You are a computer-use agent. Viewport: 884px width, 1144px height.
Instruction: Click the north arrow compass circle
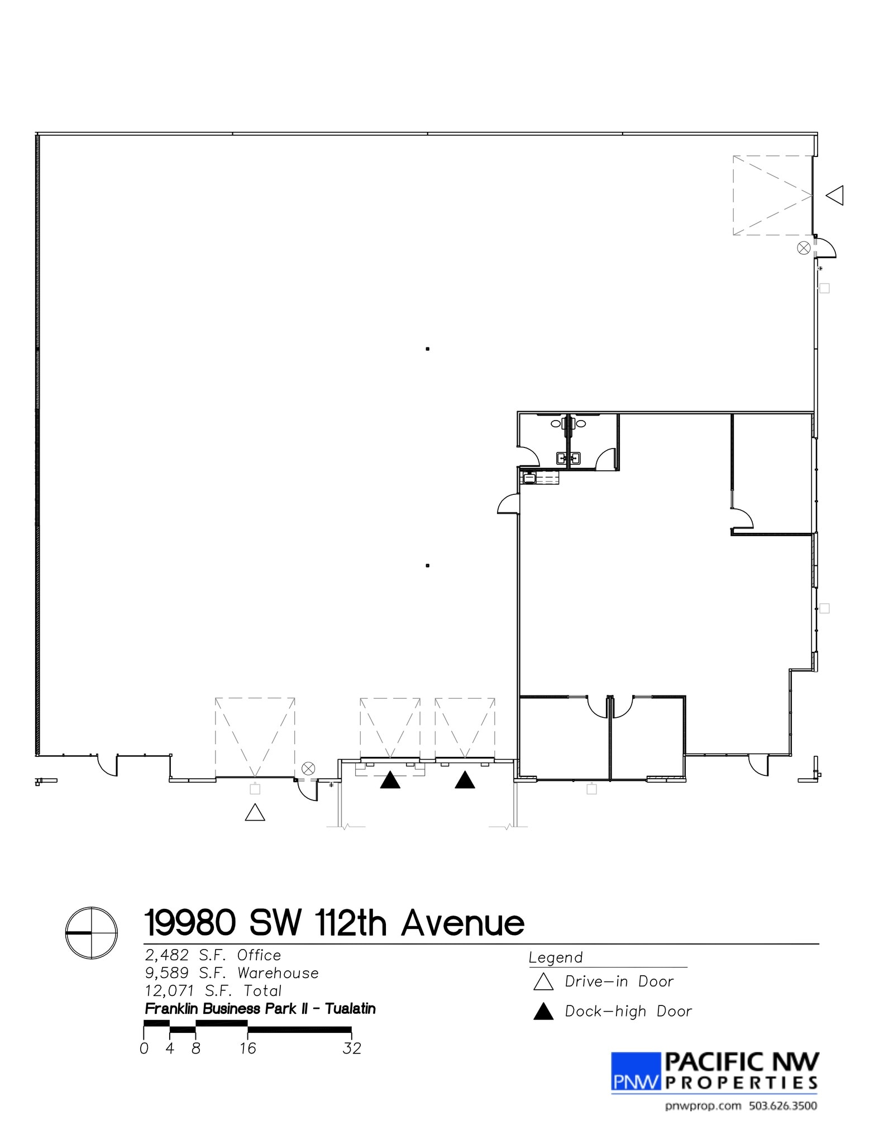click(x=92, y=933)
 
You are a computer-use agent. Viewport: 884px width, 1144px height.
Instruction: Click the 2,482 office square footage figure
click(x=167, y=955)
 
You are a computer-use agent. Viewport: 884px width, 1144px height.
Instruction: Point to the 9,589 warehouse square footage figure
click(x=167, y=973)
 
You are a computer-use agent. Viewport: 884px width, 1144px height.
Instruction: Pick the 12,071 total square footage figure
click(x=169, y=991)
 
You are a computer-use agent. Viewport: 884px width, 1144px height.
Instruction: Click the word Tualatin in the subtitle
click(x=350, y=1009)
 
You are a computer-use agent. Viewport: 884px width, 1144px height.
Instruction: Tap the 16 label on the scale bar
click(x=248, y=1048)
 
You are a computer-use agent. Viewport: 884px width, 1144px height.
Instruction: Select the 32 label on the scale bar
click(x=352, y=1048)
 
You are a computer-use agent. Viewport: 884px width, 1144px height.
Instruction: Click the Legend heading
click(x=556, y=958)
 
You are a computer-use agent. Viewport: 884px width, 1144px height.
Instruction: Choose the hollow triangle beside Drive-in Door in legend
click(x=543, y=982)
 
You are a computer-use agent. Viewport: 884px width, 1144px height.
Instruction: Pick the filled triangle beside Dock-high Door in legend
click(x=543, y=1012)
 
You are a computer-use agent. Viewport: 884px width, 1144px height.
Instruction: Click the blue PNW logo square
click(x=636, y=1071)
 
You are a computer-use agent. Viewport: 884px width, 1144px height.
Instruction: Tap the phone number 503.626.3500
click(x=783, y=1105)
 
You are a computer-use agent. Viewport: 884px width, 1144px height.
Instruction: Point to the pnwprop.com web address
click(x=703, y=1105)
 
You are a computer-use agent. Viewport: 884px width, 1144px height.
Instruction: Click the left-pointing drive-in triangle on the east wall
click(x=835, y=196)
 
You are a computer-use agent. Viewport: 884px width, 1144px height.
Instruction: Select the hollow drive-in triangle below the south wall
click(x=255, y=813)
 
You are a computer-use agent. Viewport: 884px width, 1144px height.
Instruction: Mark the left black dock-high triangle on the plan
click(x=390, y=780)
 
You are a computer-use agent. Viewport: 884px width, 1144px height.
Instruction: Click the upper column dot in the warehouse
click(x=428, y=349)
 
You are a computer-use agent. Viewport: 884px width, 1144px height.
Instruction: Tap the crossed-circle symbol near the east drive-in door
click(x=804, y=248)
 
